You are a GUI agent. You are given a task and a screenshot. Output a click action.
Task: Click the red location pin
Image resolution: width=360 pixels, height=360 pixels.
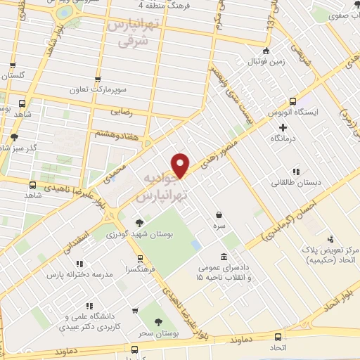pyautogui.click(x=181, y=165)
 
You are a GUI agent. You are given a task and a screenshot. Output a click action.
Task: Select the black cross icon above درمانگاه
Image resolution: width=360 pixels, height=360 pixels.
pyautogui.click(x=283, y=127)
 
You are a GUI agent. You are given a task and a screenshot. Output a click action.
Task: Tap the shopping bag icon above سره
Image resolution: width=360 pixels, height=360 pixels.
pyautogui.click(x=219, y=215)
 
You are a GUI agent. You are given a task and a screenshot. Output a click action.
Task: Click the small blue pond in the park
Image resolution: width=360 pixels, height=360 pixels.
pyautogui.click(x=195, y=245)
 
